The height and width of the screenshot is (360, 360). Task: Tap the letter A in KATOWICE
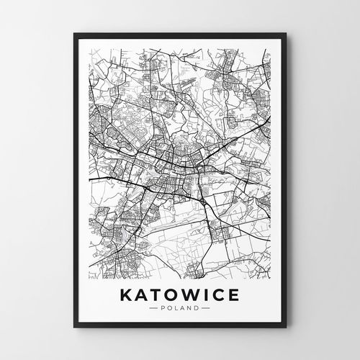click(x=144, y=296)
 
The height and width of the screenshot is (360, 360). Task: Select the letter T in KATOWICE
click(x=159, y=296)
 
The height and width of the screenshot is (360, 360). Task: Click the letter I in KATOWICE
click(x=210, y=296)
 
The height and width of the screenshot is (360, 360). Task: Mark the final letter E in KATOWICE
click(x=237, y=296)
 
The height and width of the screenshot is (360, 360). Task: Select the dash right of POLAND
click(x=207, y=311)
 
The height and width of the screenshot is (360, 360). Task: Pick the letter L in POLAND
click(x=179, y=311)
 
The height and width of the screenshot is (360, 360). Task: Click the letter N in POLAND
click(x=190, y=311)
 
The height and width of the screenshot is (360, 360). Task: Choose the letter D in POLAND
click(x=197, y=311)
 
